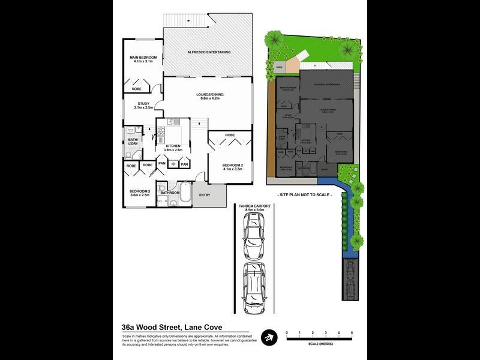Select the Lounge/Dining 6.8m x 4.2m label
point(206,96)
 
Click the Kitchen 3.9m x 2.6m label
point(173,147)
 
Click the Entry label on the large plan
point(205,194)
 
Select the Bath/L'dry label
point(132,142)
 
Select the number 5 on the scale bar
point(352,332)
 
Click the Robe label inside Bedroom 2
point(230,136)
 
